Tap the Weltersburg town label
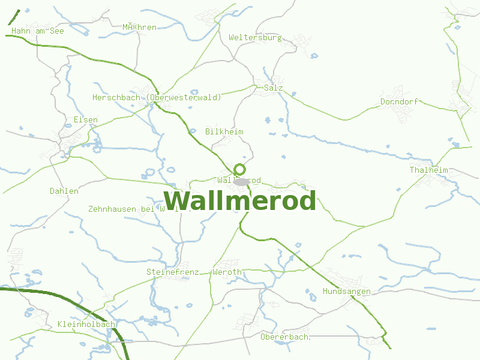tap(255, 37)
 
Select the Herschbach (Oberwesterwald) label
tap(157, 97)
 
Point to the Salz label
tap(273, 88)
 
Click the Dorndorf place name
tap(399, 101)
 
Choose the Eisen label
tap(85, 119)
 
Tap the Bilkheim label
tap(224, 131)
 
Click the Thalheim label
tap(428, 170)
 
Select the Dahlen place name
tap(64, 191)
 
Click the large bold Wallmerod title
tap(239, 201)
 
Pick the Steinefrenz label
tap(168, 272)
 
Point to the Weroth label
tap(227, 272)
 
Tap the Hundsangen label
tap(346, 291)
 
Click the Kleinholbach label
tap(86, 325)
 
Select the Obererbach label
tap(284, 337)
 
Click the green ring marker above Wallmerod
tap(240, 169)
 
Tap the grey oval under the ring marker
tap(241, 181)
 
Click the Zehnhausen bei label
tap(121, 209)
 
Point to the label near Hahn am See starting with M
tap(139, 27)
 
